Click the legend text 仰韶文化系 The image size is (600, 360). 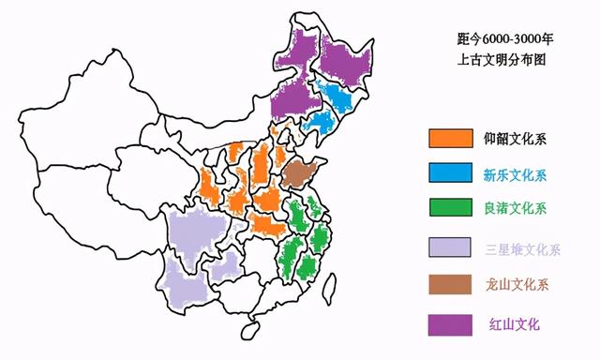(516, 139)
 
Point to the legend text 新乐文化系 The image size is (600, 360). (516, 174)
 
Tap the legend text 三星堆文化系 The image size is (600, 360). (522, 249)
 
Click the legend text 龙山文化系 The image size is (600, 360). (516, 286)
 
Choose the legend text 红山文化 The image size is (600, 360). (514, 324)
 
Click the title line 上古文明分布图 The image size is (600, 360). (502, 59)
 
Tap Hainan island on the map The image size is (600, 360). (249, 329)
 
